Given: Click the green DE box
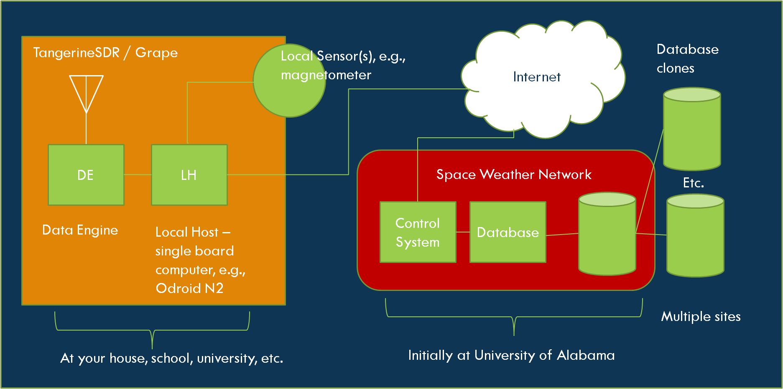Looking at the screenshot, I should coord(86,175).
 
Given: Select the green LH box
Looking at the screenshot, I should coord(189,175).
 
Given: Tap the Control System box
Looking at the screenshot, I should coord(418,232).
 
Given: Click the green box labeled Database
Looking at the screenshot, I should coord(508,232).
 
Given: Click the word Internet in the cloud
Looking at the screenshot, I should coord(536,77).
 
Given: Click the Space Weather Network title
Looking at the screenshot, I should coord(514,174).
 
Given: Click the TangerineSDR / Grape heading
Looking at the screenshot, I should coord(105,53).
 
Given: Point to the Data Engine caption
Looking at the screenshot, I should coord(80,230).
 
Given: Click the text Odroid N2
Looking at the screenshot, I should coord(189,288).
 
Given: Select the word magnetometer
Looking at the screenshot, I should coord(326,75).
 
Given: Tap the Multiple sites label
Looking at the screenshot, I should coord(701,316).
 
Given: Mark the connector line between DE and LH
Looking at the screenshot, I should coord(138,174).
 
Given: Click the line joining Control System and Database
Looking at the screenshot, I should coord(463,232).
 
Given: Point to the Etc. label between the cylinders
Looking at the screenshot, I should coord(693,182).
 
